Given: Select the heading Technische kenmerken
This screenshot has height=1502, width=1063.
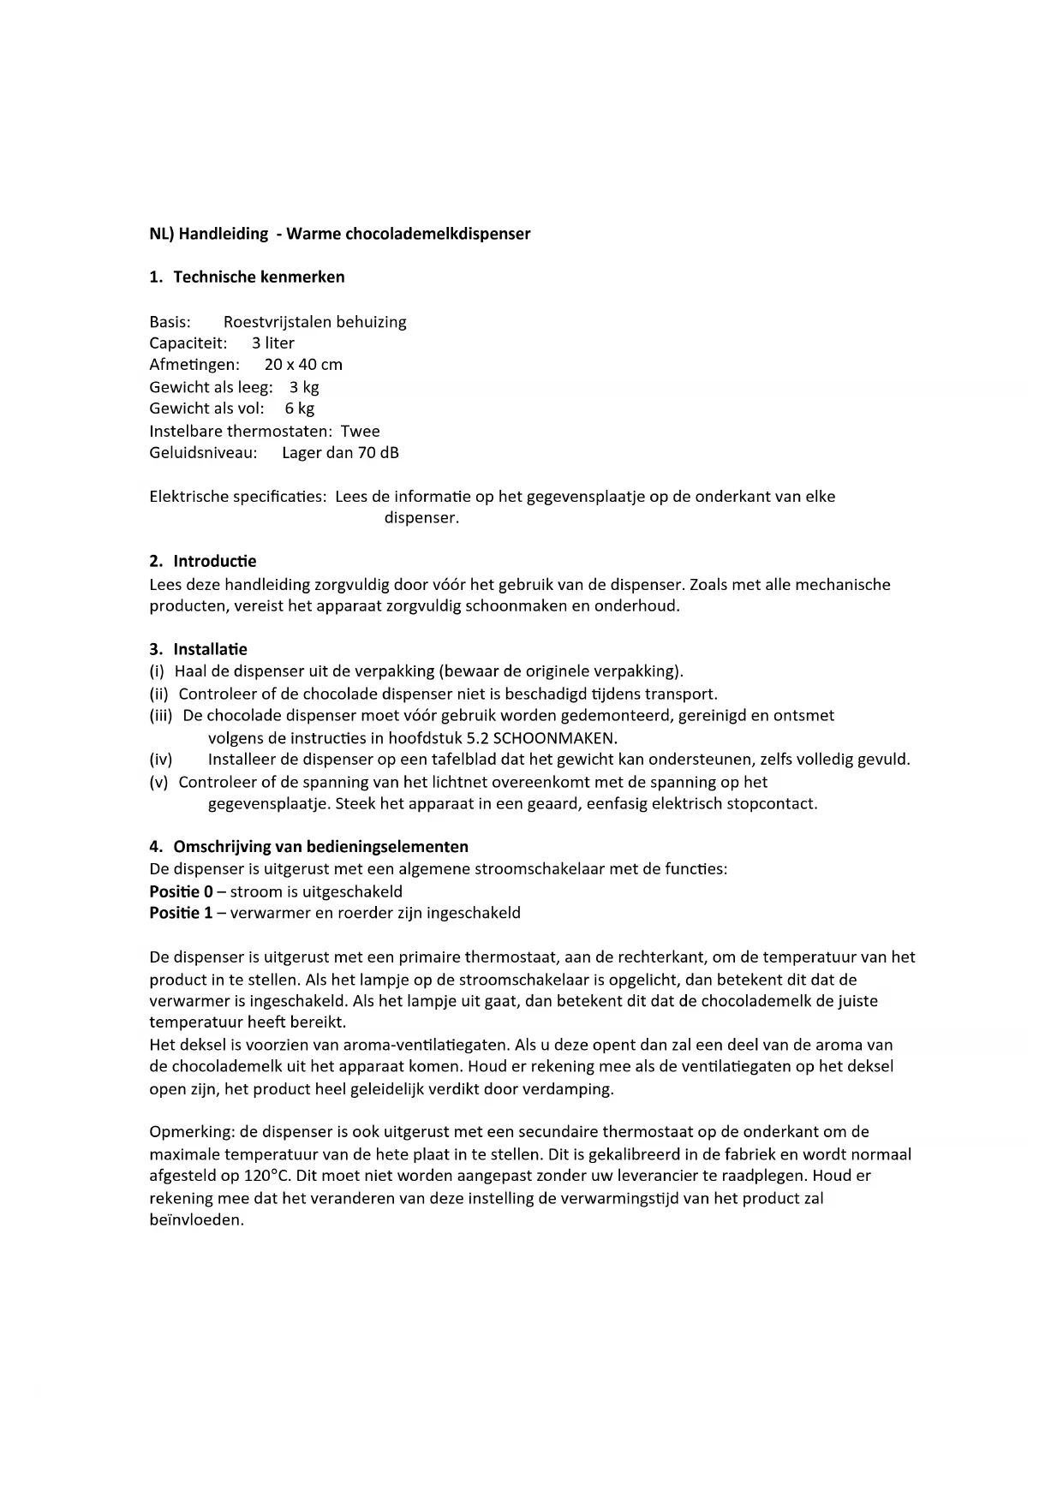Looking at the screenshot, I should point(259,277).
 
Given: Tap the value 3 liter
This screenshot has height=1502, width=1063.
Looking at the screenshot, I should point(273,343).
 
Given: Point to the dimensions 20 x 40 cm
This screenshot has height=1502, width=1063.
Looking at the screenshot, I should point(303,365).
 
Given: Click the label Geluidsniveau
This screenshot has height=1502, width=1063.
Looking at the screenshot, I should point(203,453).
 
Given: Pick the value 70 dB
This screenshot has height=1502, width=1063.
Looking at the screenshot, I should point(378,453).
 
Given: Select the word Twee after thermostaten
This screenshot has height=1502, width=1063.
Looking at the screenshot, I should point(361,432).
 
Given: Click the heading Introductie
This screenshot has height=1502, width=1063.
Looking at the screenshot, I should point(214,562).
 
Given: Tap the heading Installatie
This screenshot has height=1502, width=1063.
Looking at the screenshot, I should point(210,650).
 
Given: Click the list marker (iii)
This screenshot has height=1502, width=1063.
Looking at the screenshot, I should point(161,716).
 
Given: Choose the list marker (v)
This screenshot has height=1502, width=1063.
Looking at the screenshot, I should point(158,783).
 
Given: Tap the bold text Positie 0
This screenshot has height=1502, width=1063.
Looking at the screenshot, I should point(181,891).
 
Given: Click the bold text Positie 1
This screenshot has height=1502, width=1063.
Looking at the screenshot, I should point(181,913).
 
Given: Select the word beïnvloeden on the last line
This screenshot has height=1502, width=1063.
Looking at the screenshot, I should point(196,1220).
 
